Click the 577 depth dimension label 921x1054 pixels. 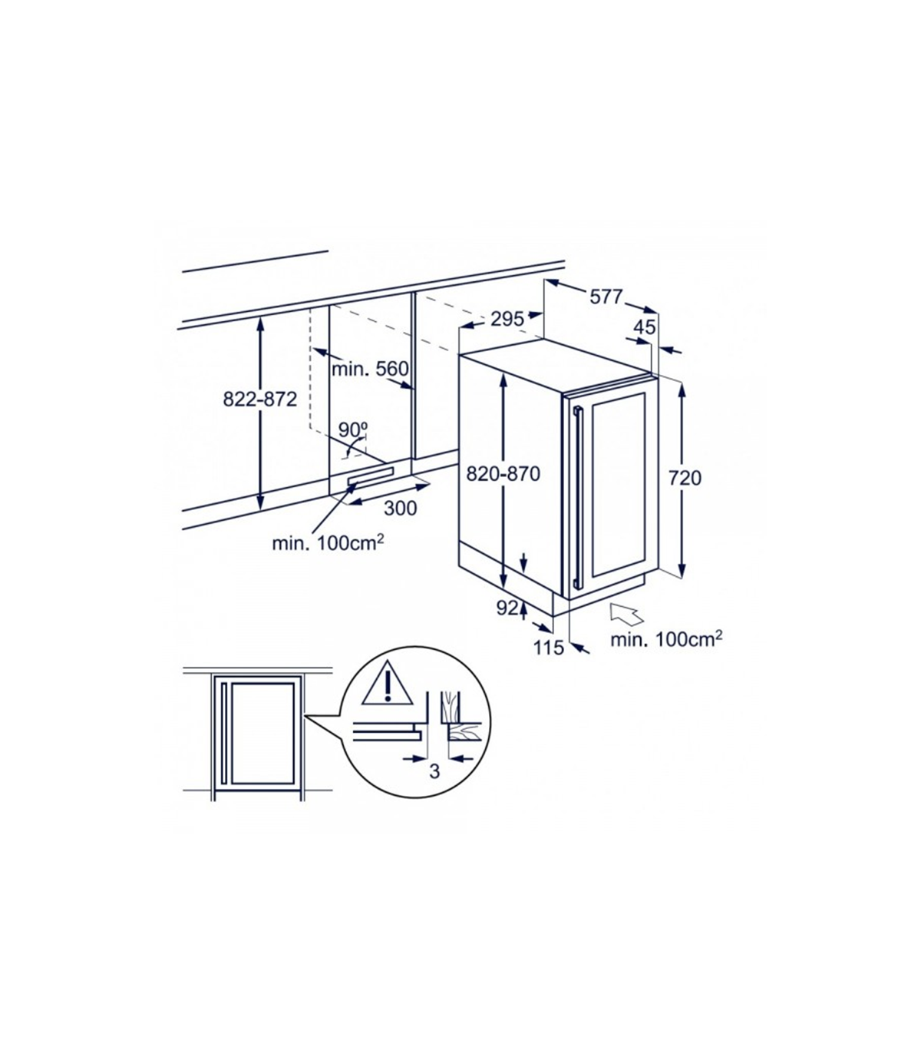pos(606,297)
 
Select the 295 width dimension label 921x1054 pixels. pos(507,320)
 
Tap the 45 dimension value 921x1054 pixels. pos(645,327)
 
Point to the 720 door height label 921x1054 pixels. pos(685,478)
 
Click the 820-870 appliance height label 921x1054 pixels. pos(503,474)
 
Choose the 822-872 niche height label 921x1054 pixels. pos(260,399)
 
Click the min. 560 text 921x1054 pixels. pos(370,369)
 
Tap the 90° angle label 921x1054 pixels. pos(354,429)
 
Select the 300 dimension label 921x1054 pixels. pos(401,509)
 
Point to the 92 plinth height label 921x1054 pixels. pos(507,608)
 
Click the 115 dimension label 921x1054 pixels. pos(549,648)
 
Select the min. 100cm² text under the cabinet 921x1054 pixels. pos(328,543)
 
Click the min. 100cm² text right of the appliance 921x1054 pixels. pos(666,639)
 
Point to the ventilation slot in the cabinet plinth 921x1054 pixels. pos(371,476)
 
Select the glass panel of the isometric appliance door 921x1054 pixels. pos(619,485)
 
